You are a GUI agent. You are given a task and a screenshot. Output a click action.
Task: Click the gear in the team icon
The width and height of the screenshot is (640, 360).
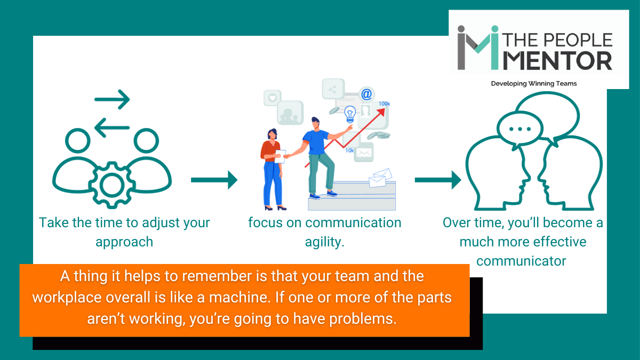click(111, 185)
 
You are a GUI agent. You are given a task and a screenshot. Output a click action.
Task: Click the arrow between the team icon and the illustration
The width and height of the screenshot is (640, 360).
click(214, 180)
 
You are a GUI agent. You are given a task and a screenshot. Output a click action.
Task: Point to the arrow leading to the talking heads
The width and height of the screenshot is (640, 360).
click(438, 180)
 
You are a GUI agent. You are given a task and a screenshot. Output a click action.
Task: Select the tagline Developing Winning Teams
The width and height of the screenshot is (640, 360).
click(534, 84)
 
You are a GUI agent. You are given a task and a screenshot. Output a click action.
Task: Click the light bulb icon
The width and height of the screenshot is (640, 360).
click(350, 113)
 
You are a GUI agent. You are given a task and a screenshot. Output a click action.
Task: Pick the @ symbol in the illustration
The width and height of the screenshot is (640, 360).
click(366, 94)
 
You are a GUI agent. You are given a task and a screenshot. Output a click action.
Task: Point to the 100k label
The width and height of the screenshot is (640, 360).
click(384, 103)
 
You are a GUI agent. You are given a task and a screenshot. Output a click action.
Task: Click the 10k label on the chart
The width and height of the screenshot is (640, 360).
click(350, 150)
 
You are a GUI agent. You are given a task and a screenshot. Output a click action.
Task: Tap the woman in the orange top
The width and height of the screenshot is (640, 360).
click(273, 168)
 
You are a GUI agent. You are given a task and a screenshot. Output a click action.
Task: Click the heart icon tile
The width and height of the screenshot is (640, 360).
click(272, 98)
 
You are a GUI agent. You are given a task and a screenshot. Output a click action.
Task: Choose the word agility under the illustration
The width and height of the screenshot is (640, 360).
click(324, 242)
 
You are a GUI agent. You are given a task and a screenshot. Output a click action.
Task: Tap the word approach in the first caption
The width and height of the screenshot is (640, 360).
click(124, 242)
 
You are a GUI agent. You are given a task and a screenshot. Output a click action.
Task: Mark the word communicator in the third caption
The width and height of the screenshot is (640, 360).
click(522, 261)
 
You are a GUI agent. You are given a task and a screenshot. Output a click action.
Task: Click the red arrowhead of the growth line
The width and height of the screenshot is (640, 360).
click(381, 111)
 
